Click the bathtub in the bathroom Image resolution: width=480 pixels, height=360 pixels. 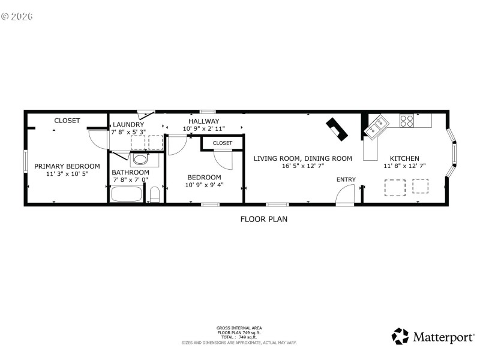tap(127, 194)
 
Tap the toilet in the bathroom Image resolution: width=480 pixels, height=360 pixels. tap(154, 194)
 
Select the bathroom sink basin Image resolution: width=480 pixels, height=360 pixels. tap(140, 160)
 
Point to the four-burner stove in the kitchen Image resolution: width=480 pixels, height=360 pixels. tap(407, 120)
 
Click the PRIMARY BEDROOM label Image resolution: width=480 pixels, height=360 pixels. tap(67, 166)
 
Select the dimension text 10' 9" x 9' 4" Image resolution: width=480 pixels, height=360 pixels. tap(204, 185)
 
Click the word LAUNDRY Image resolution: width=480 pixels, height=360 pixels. tap(128, 125)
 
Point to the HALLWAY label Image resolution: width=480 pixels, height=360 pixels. tap(204, 121)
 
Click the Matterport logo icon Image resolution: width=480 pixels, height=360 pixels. tap(400, 336)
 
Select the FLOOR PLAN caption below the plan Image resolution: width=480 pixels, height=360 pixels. tap(263, 219)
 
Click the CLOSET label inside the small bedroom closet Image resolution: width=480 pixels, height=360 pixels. tap(222, 143)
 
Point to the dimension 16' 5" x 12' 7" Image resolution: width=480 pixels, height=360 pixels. tap(302, 166)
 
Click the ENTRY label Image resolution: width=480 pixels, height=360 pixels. tap(346, 179)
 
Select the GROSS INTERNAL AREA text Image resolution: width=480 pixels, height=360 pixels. tap(239, 328)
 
